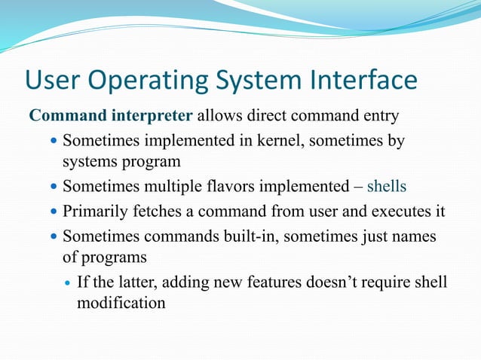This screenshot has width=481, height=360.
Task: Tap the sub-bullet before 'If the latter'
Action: (x=68, y=282)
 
